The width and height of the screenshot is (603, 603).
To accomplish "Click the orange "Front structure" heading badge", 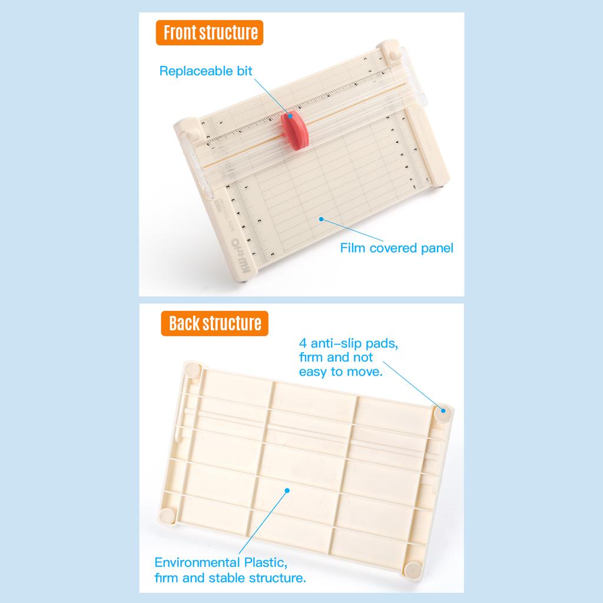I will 210,32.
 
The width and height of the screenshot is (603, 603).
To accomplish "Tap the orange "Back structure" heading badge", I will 214,323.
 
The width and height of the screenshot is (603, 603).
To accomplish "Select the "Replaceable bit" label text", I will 206,71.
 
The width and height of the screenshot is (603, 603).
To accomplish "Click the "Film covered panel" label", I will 396,248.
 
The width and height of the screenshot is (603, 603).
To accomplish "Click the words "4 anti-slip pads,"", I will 348,343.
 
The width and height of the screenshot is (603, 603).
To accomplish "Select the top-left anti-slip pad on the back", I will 193,370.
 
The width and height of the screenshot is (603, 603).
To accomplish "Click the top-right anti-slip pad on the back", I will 443,412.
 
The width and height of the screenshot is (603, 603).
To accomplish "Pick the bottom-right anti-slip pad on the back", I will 413,569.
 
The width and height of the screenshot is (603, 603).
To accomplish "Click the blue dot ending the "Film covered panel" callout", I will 321,219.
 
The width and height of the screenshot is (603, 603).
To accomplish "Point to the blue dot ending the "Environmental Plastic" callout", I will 287,489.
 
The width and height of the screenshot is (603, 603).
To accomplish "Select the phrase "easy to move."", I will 340,372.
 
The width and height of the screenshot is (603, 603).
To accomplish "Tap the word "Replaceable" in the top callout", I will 188,71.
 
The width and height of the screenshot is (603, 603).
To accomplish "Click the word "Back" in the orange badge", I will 183,323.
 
